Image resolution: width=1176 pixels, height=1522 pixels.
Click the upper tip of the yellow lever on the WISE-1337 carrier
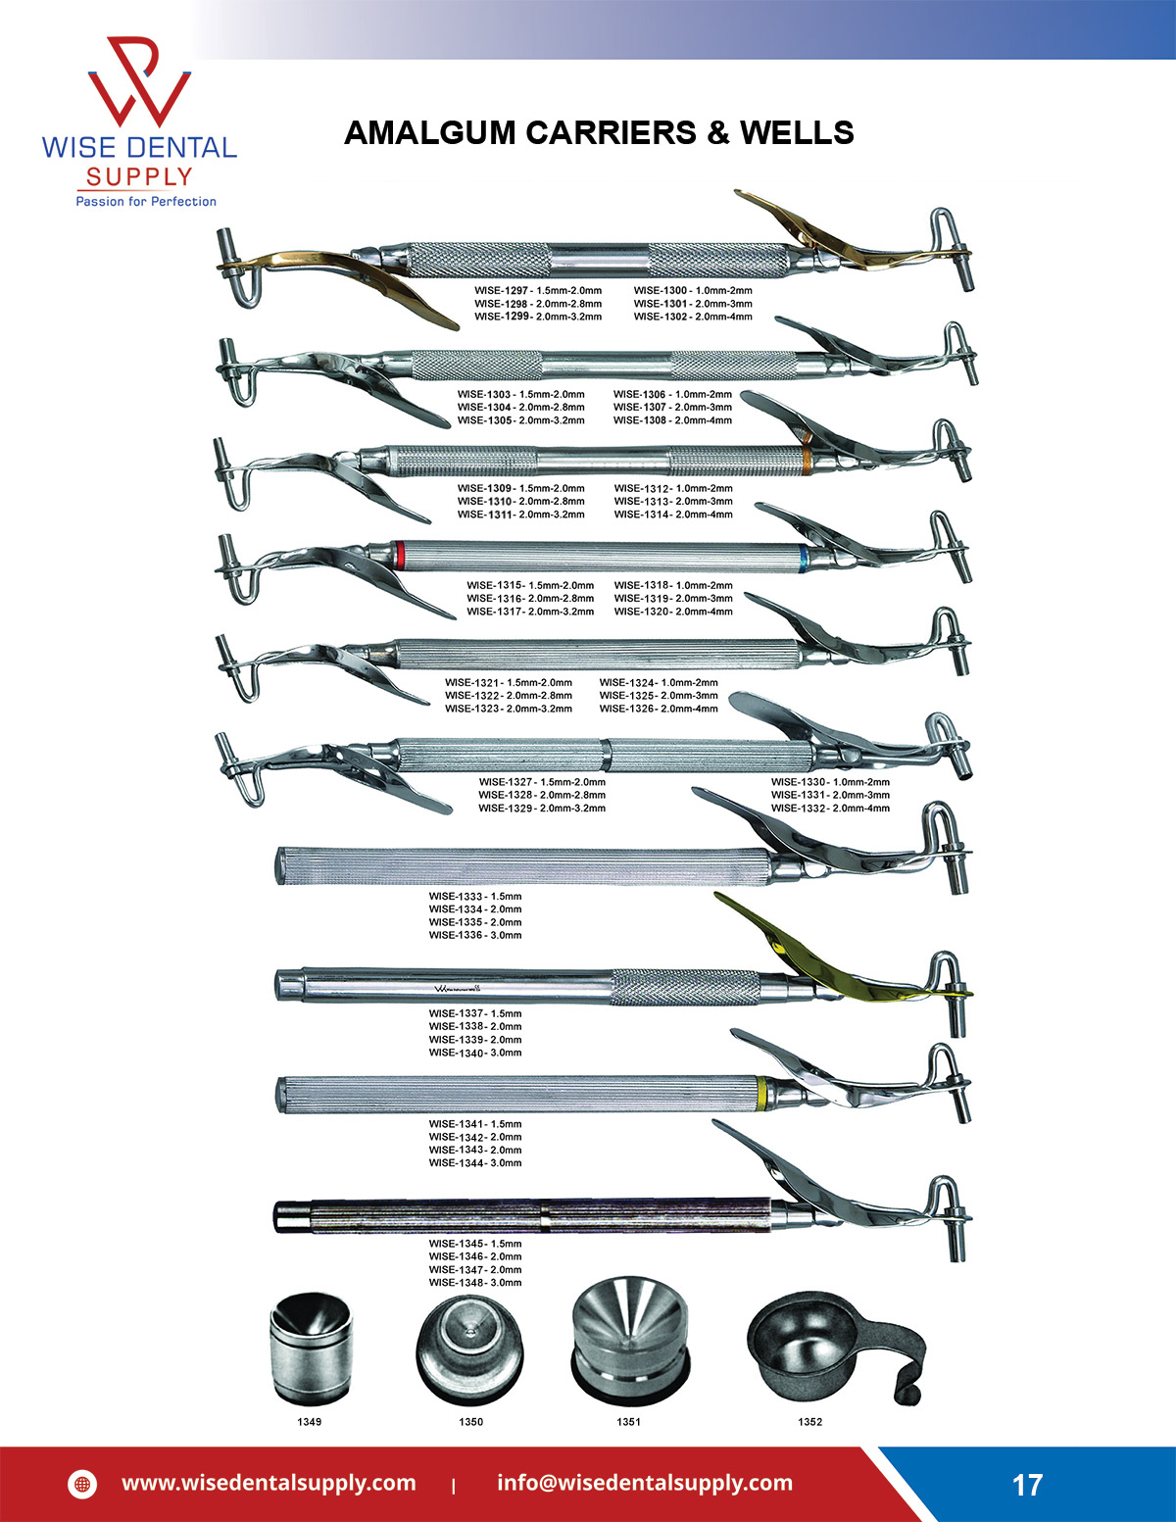(x=715, y=895)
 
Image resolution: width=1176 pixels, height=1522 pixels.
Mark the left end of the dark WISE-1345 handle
(x=275, y=1217)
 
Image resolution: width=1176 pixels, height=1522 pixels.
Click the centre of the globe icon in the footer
(x=82, y=1484)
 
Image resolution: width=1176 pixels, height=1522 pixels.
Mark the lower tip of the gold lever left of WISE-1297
(x=458, y=326)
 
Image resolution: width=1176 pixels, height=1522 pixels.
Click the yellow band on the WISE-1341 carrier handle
(x=761, y=1094)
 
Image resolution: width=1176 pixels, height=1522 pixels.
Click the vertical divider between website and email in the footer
(x=455, y=1485)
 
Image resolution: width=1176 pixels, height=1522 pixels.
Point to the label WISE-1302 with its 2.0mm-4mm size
(x=693, y=317)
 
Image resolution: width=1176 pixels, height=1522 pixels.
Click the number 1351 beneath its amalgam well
(x=628, y=1422)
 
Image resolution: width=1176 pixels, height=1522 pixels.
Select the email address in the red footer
(x=645, y=1483)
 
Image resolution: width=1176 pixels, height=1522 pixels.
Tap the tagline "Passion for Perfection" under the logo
(x=146, y=202)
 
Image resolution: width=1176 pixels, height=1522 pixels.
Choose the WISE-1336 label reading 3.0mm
(x=475, y=935)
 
